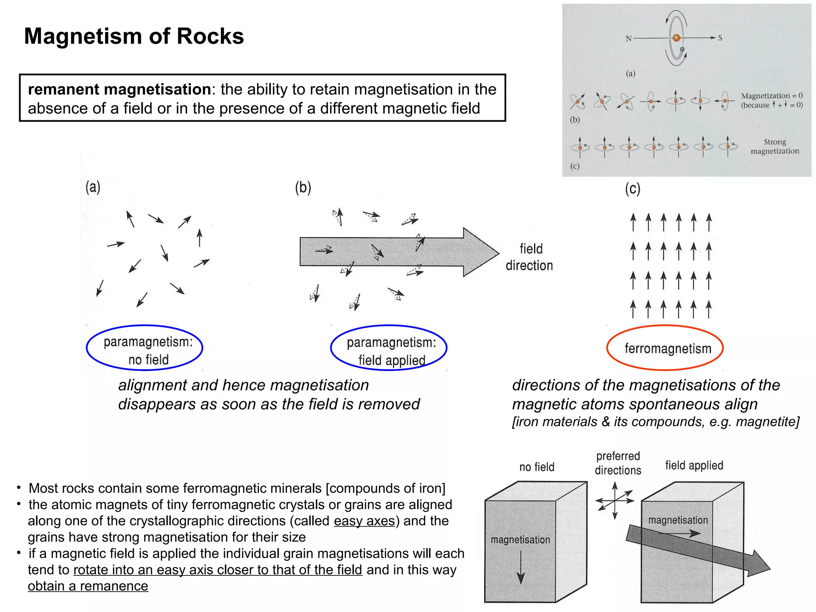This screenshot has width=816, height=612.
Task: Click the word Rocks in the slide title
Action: [210, 36]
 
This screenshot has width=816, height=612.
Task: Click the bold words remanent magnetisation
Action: [119, 89]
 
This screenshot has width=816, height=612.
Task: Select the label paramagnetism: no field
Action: [148, 351]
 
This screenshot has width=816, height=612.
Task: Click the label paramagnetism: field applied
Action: [391, 351]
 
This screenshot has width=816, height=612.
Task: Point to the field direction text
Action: [530, 257]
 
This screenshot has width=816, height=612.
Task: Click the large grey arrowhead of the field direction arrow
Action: [480, 252]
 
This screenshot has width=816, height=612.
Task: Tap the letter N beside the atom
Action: [628, 39]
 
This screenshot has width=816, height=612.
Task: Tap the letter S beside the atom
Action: [720, 38]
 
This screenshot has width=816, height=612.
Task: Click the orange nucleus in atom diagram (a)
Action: [676, 38]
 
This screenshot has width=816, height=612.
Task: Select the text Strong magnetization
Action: [775, 146]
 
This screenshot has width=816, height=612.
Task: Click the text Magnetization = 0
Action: [771, 96]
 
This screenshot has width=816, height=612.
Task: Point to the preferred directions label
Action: [618, 463]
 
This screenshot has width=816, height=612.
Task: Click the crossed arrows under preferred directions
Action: [615, 500]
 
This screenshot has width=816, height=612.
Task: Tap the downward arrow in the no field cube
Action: [520, 567]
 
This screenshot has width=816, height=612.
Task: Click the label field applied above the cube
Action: [694, 465]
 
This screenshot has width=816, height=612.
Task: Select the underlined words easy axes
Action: [364, 521]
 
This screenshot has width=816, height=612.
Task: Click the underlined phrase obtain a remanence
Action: [88, 586]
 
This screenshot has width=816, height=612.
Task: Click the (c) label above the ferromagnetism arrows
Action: [632, 188]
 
